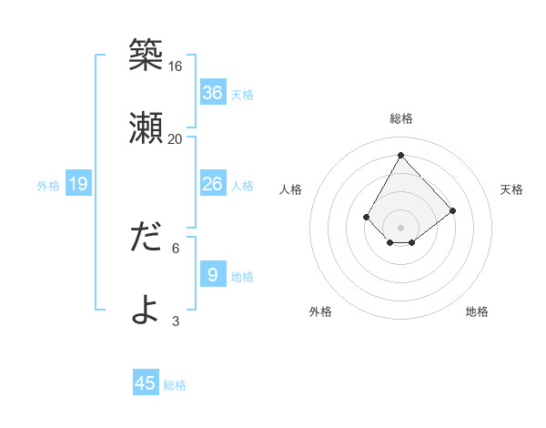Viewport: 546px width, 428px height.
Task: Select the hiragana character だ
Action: click(x=146, y=238)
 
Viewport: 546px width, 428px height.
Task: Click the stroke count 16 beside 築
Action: click(x=176, y=66)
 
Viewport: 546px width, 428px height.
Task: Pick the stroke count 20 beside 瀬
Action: click(x=176, y=139)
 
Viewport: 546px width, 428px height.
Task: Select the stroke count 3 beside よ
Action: click(x=176, y=321)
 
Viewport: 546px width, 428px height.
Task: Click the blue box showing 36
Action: click(x=212, y=93)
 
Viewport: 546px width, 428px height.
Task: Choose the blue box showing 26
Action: click(x=212, y=184)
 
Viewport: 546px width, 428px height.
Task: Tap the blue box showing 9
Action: click(x=212, y=275)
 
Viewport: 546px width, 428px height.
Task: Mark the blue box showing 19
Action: click(x=78, y=185)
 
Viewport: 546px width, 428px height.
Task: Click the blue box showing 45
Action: click(x=146, y=383)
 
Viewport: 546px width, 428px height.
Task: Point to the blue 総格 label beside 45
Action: click(x=175, y=385)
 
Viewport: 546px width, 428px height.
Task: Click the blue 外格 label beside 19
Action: click(x=48, y=186)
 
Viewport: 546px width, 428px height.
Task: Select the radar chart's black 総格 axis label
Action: click(x=400, y=118)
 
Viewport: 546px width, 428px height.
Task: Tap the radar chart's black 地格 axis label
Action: click(x=477, y=311)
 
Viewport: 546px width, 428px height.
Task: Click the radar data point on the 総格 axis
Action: click(x=400, y=155)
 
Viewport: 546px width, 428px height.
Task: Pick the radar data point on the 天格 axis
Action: click(x=453, y=210)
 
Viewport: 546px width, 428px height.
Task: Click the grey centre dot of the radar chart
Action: click(x=400, y=227)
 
